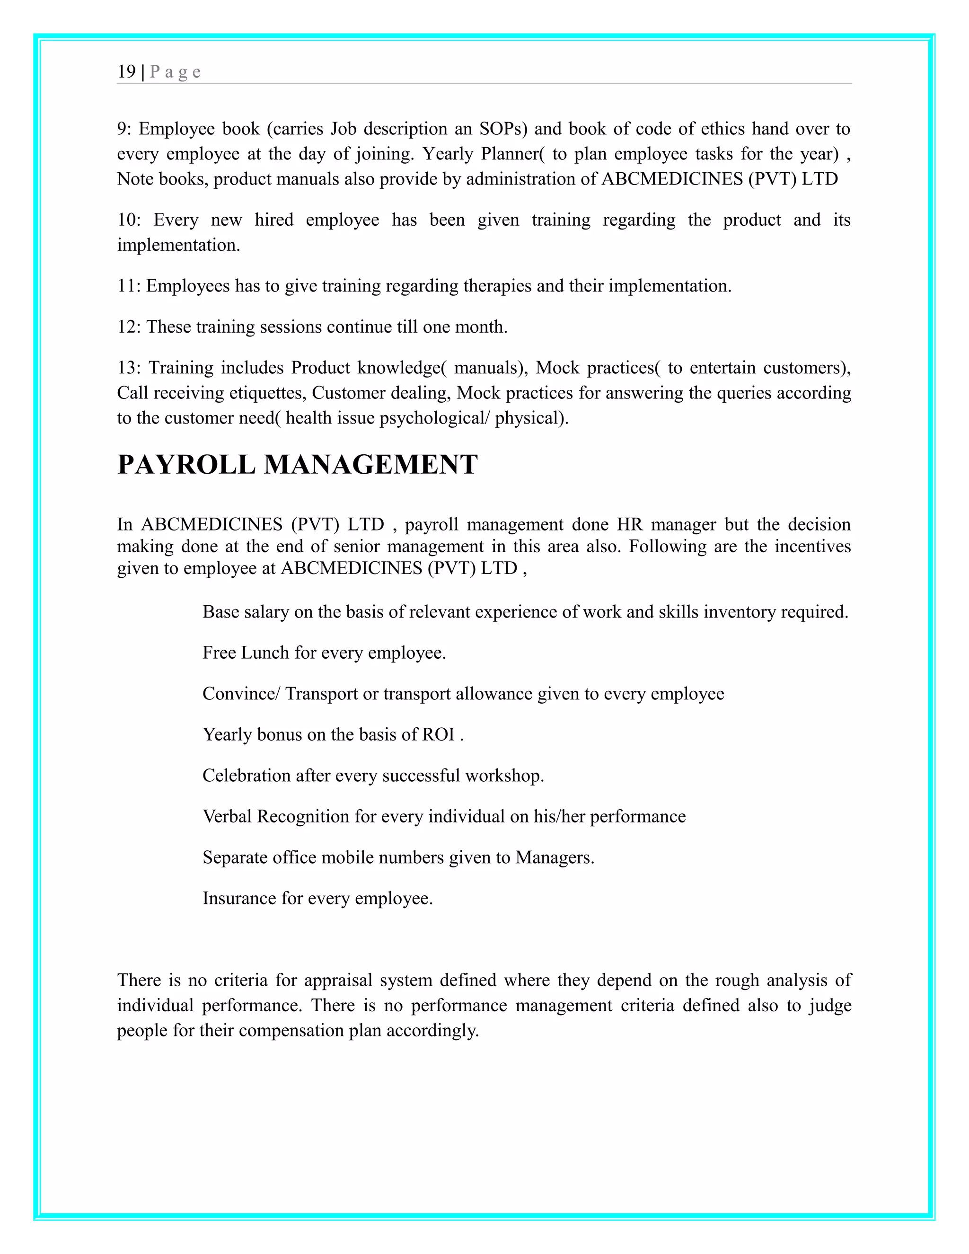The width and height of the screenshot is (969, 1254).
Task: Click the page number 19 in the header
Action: (126, 72)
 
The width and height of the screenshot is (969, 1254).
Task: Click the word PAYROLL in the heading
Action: (186, 465)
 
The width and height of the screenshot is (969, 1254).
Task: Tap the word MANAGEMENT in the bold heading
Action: (370, 465)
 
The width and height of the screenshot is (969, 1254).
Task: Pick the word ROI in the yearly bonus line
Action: (438, 734)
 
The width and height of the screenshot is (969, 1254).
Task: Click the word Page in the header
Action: (175, 72)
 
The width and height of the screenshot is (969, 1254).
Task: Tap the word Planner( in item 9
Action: (512, 154)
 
